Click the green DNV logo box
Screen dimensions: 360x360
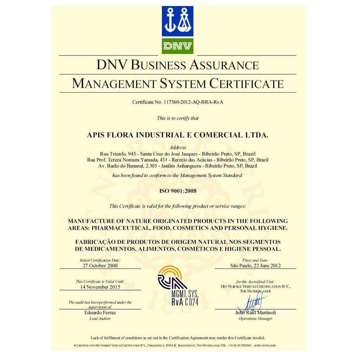(x=178, y=45)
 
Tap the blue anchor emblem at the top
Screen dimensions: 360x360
(x=178, y=21)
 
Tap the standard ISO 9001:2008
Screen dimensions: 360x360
(x=178, y=191)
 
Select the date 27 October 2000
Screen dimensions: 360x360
(x=100, y=265)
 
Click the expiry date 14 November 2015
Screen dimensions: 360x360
(x=100, y=287)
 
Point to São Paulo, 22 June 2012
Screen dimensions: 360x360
(x=255, y=265)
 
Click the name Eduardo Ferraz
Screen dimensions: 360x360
(x=100, y=313)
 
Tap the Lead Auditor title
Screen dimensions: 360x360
(x=100, y=319)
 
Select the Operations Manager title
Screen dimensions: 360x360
(x=255, y=319)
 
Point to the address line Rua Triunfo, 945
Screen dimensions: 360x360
(x=119, y=153)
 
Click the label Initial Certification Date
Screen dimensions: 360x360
(x=100, y=260)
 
